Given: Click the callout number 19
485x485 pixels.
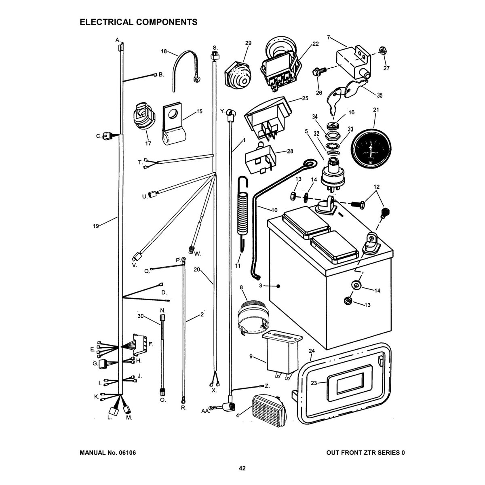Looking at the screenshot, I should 95,226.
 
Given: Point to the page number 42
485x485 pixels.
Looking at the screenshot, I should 242,468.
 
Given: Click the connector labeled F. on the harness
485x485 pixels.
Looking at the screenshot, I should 139,346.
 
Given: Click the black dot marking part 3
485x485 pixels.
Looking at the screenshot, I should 278,286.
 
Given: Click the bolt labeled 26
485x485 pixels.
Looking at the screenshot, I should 317,73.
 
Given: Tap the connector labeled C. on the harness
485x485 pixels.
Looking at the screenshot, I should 107,136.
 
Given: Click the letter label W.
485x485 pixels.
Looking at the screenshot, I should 198,254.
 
